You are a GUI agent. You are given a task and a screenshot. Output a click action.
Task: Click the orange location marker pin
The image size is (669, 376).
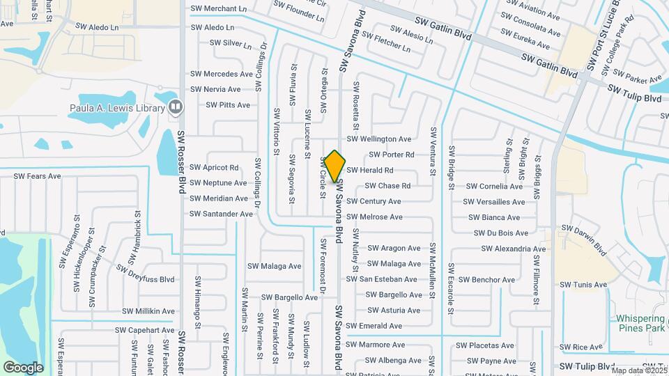(x=334, y=166)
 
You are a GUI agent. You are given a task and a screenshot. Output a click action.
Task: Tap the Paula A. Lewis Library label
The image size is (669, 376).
(x=116, y=107)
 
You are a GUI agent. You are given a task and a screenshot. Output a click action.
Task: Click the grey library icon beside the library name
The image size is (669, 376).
(x=175, y=107)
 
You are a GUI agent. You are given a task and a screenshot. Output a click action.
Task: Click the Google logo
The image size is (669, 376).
(x=23, y=368)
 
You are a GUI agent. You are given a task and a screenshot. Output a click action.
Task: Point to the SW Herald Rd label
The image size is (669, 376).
(x=370, y=170)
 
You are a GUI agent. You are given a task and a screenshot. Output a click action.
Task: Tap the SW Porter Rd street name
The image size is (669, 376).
(x=392, y=155)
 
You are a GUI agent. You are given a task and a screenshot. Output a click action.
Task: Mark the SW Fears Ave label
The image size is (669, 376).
(x=38, y=177)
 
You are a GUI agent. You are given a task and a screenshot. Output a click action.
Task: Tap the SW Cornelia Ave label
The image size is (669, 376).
(x=494, y=187)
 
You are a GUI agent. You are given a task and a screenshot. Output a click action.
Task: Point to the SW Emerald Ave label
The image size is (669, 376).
(x=374, y=326)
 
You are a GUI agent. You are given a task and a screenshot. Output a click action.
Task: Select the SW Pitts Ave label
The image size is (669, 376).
(x=228, y=105)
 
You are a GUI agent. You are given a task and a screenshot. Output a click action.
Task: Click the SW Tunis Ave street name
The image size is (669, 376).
(x=583, y=285)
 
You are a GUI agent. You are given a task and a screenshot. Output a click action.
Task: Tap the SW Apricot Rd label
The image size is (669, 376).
(x=215, y=168)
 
